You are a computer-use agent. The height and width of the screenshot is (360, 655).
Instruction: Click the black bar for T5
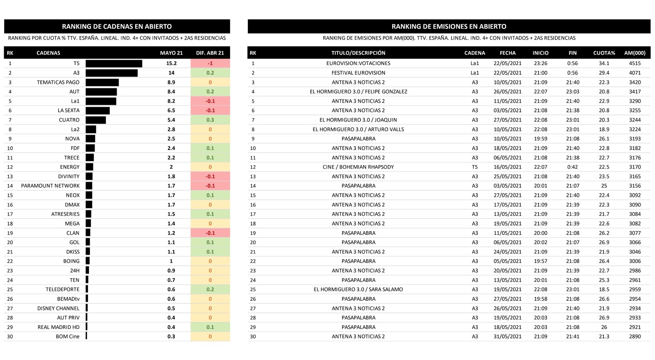(114, 63)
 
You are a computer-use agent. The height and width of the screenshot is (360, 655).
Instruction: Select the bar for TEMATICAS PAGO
(102, 82)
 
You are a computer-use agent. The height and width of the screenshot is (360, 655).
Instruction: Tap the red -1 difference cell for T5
(210, 63)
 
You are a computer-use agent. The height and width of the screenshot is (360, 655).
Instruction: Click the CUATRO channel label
(69, 120)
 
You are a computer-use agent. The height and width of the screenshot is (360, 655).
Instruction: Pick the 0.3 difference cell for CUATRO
(210, 120)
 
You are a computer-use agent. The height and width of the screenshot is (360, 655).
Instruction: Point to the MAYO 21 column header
(171, 53)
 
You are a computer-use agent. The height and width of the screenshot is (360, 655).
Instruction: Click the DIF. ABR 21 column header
(210, 53)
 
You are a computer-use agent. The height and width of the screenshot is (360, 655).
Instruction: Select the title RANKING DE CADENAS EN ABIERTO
(117, 27)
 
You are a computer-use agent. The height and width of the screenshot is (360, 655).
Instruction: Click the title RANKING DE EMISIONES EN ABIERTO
(449, 27)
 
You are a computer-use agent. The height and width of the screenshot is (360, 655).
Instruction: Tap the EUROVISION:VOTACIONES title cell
(358, 63)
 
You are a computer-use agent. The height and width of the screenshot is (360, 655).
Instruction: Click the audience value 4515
(635, 63)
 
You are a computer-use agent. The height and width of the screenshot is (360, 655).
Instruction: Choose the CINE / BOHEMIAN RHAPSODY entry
(358, 167)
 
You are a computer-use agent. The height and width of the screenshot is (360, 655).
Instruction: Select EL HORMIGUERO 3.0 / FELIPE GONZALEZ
(358, 92)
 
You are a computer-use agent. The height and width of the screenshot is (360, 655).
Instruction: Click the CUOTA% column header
(604, 53)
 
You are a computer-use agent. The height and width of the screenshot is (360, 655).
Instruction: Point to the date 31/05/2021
(507, 337)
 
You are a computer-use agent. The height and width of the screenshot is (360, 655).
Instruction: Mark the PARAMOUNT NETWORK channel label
(50, 186)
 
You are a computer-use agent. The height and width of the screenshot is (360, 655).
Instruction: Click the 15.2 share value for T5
(171, 63)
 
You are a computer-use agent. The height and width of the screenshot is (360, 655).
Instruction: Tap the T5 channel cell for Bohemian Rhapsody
(475, 167)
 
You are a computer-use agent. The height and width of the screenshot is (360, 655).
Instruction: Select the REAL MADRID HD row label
(59, 327)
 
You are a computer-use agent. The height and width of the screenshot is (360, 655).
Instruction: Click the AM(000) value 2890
(635, 337)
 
